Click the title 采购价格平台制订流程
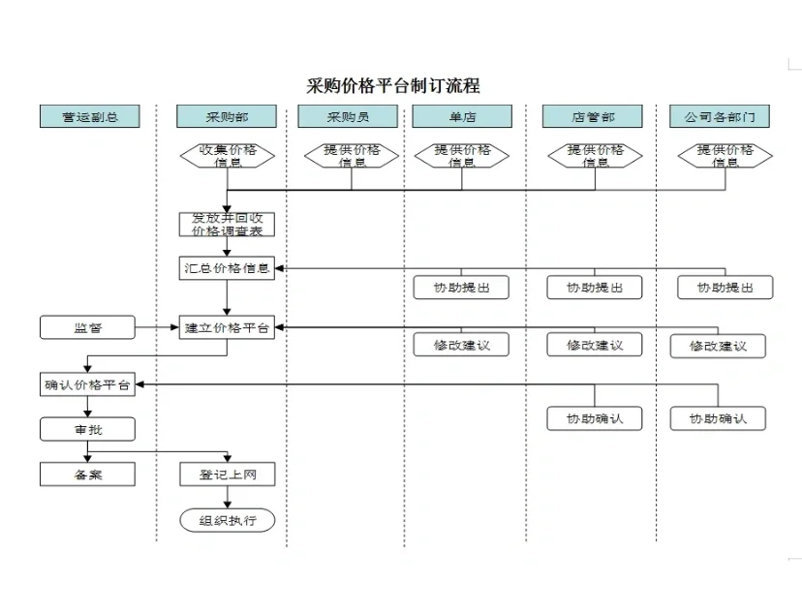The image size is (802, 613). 393,86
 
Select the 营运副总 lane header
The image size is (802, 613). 89,116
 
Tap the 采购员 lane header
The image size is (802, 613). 348,116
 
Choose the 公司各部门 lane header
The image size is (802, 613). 719,116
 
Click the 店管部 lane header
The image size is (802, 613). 593,116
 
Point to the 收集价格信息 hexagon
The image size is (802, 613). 227,156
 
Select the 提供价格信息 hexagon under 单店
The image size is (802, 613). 462,156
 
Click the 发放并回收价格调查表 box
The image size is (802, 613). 227,224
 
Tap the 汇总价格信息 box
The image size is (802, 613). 227,268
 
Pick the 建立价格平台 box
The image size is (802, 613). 227,328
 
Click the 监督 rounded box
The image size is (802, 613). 87,328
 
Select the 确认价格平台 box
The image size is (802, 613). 87,384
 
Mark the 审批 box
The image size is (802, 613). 87,429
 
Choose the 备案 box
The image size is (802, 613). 87,475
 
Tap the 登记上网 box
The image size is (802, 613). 227,475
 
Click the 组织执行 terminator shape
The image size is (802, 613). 227,520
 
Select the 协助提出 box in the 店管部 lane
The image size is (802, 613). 594,288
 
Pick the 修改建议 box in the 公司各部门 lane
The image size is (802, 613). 718,346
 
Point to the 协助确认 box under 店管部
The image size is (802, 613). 594,418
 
